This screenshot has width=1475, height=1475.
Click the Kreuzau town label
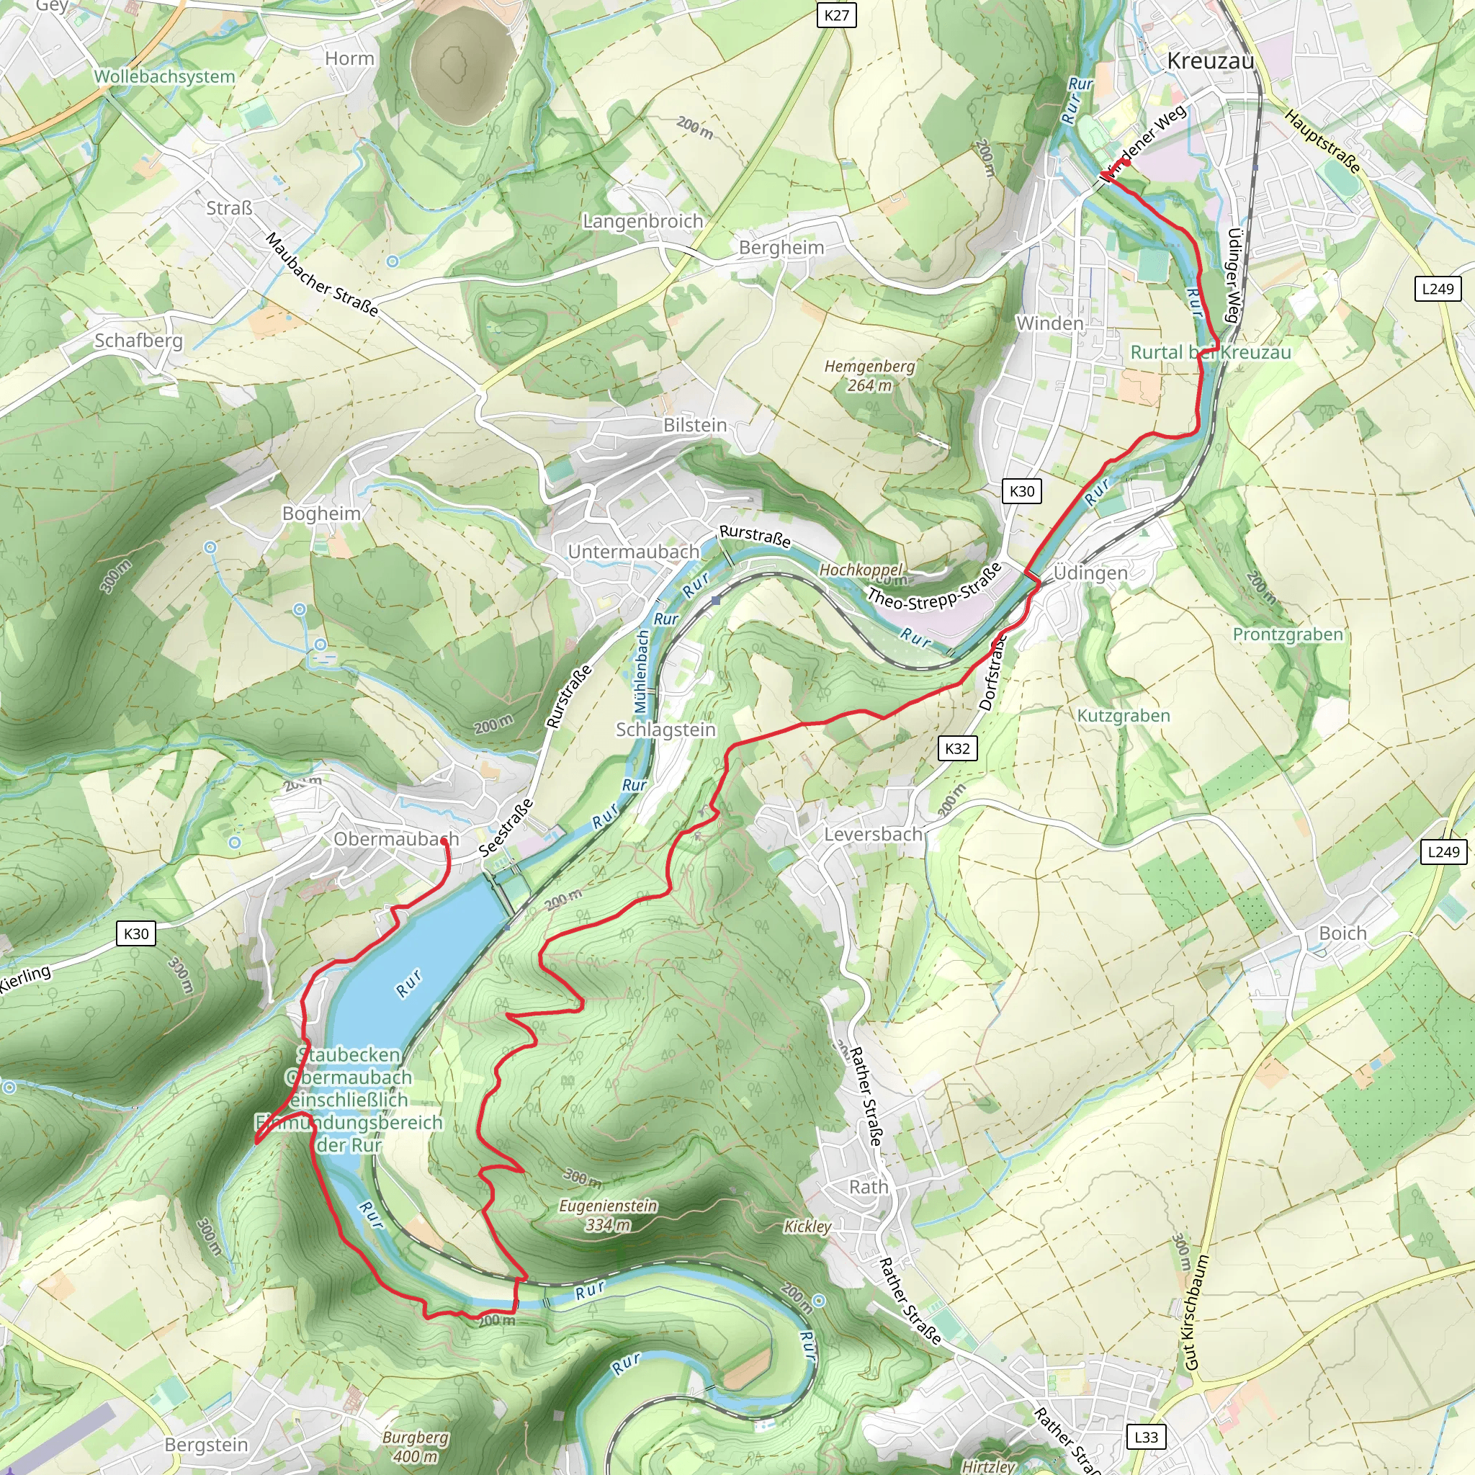pyautogui.click(x=1210, y=61)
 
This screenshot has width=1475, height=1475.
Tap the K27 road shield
pyautogui.click(x=836, y=15)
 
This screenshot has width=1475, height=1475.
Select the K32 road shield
pyautogui.click(x=956, y=748)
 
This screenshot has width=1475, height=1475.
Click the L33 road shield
pyautogui.click(x=1146, y=1437)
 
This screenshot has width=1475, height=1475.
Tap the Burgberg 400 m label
pyautogui.click(x=416, y=1446)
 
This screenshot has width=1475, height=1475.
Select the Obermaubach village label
pyautogui.click(x=395, y=839)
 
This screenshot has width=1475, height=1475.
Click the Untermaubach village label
pyautogui.click(x=633, y=551)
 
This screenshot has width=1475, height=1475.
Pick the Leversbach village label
pyautogui.click(x=874, y=835)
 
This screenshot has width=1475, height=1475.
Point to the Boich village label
pyautogui.click(x=1342, y=933)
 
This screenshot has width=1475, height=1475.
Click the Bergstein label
pyautogui.click(x=206, y=1445)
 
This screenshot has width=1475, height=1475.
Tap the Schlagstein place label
pyautogui.click(x=665, y=729)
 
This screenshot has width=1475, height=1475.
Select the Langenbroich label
pyautogui.click(x=643, y=221)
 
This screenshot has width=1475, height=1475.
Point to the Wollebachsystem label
pyautogui.click(x=164, y=76)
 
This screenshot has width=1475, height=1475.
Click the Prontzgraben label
pyautogui.click(x=1287, y=635)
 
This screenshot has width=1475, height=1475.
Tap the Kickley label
pyautogui.click(x=807, y=1226)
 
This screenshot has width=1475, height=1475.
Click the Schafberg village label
pyautogui.click(x=138, y=341)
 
